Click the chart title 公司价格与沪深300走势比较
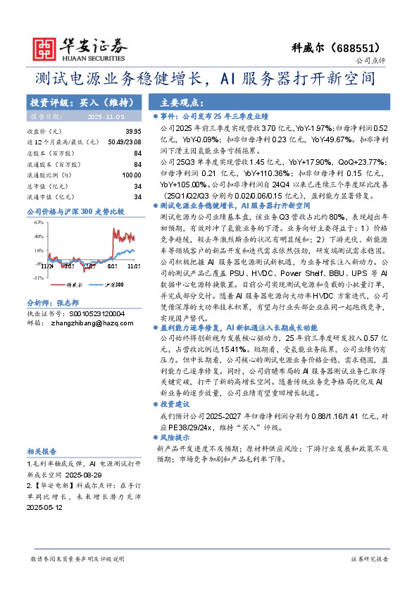[x=75, y=211]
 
